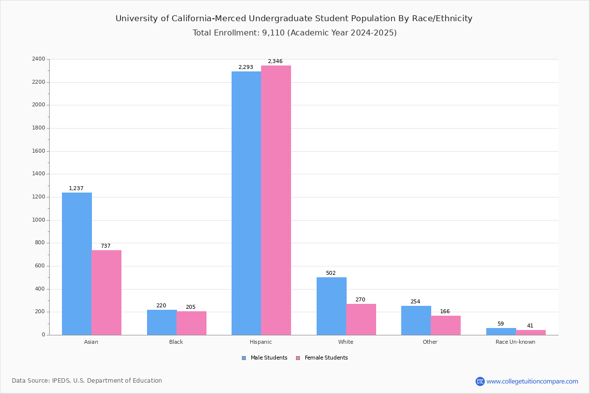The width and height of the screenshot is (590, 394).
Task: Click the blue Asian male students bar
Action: (77, 263)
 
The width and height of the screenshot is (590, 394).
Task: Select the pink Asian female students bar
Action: (106, 293)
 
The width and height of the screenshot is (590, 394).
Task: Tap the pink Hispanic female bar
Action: (276, 200)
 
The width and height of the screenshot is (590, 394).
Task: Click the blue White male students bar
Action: (331, 306)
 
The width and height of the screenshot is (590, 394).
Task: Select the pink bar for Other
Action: (445, 325)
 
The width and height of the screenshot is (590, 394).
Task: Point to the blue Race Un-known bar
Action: (501, 331)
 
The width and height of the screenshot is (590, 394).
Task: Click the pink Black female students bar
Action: (191, 323)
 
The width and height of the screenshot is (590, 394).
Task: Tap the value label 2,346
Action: (275, 62)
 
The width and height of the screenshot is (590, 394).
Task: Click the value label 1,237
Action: (76, 189)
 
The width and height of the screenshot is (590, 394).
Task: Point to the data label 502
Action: (330, 273)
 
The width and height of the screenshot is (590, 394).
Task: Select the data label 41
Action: (530, 326)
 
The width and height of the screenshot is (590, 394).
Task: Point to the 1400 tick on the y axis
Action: (38, 174)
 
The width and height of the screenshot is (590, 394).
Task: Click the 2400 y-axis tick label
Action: (38, 59)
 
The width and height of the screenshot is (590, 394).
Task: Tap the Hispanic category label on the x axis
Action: (261, 342)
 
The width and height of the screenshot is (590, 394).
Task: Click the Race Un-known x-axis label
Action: (515, 342)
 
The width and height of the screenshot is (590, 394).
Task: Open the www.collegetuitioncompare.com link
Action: (532, 381)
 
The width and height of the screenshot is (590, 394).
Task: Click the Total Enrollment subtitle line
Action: (295, 33)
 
